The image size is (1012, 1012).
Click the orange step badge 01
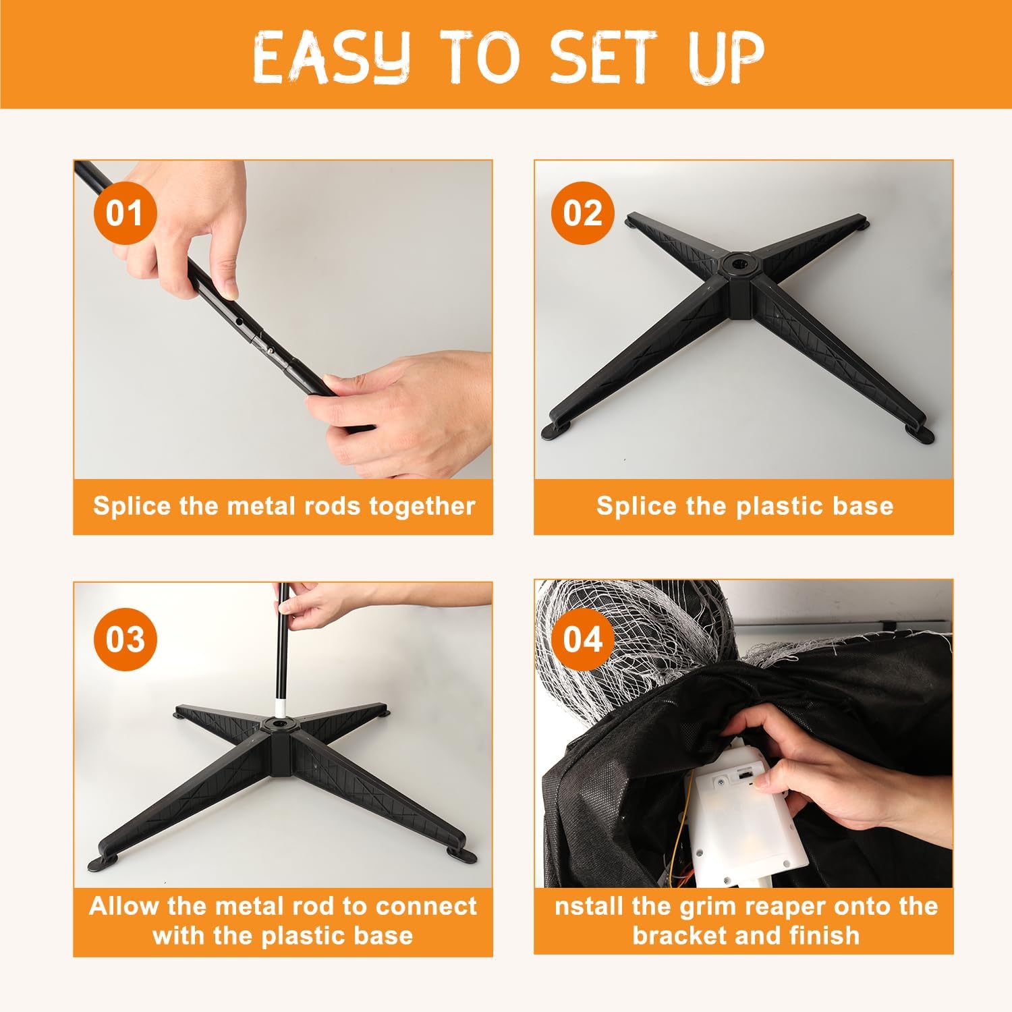(x=125, y=214)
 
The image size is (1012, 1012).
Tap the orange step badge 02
(x=582, y=214)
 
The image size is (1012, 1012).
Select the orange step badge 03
(x=125, y=639)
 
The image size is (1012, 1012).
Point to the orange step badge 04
(x=582, y=639)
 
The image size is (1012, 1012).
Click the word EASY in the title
(x=331, y=57)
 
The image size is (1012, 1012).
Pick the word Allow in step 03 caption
(x=124, y=905)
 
